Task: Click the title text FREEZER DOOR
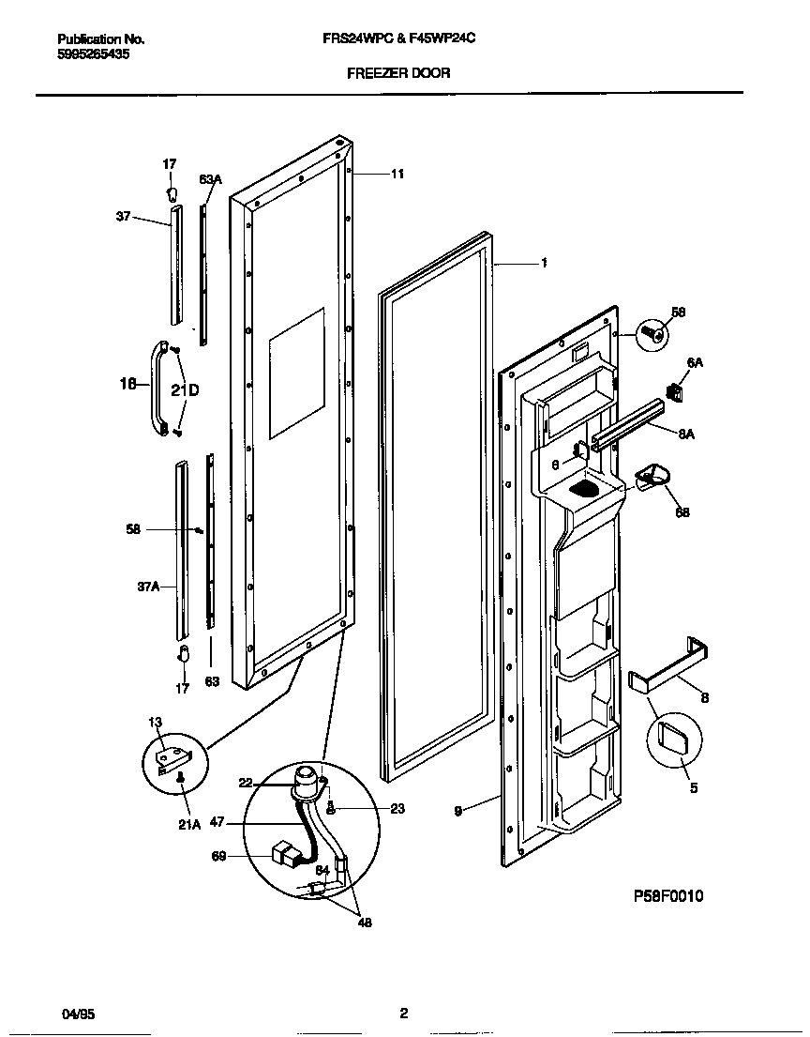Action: (x=398, y=72)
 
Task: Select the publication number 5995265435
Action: (x=94, y=54)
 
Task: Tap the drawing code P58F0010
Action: (x=668, y=896)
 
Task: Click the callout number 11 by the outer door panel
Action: (x=397, y=174)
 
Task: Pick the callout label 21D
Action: (x=186, y=389)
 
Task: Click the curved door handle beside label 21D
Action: (x=156, y=389)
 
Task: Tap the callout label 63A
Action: (x=210, y=179)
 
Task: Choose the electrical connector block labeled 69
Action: (x=282, y=856)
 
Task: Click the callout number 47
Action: (x=217, y=821)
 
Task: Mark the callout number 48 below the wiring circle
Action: (x=365, y=923)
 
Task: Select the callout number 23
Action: (x=397, y=809)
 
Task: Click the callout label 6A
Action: (x=695, y=362)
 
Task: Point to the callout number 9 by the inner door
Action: (x=457, y=812)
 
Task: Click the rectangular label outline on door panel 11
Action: (x=297, y=373)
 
